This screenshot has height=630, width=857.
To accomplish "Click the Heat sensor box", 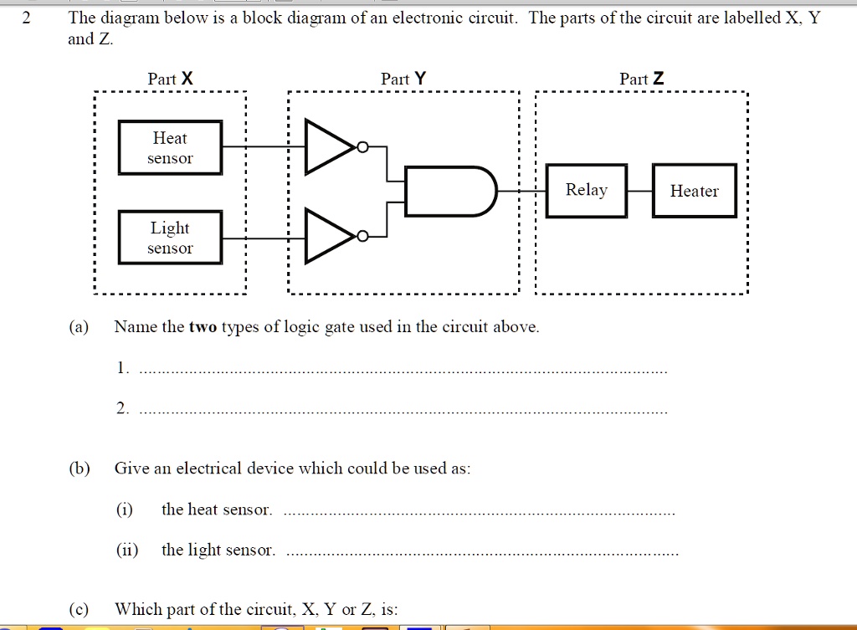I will coord(170,148).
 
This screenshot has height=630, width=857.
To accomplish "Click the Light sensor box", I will coord(170,238).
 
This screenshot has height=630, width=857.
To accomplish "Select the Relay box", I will coord(586,191).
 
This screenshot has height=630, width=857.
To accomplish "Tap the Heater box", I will coord(694,191).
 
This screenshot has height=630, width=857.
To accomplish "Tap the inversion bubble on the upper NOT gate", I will coord(362,148).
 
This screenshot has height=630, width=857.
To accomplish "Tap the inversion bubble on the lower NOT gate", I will coord(362,238).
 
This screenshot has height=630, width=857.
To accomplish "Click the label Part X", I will coord(170,79).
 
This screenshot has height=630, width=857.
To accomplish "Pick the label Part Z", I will coord(642,79).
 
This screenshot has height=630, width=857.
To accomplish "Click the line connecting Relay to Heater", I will coord(639,191).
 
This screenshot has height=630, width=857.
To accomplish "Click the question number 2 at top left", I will coord(26,19).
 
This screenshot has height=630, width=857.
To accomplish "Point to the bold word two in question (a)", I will coord(203,326).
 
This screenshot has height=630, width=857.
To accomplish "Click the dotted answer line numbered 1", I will coord(402,371).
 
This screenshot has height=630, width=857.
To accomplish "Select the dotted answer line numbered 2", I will coord(402,412).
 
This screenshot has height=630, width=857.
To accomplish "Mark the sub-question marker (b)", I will coord(80,468).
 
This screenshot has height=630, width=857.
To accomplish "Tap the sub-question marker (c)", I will coord(80,608).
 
